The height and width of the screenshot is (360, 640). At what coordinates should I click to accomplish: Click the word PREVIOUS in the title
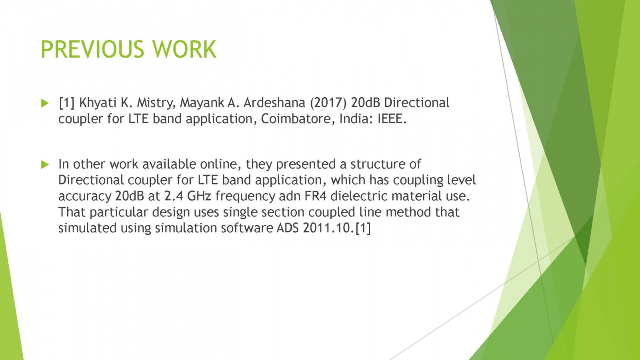[92, 49]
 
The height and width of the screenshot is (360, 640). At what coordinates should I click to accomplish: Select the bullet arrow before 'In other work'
[45, 164]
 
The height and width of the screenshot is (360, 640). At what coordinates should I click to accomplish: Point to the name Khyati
[98, 103]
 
